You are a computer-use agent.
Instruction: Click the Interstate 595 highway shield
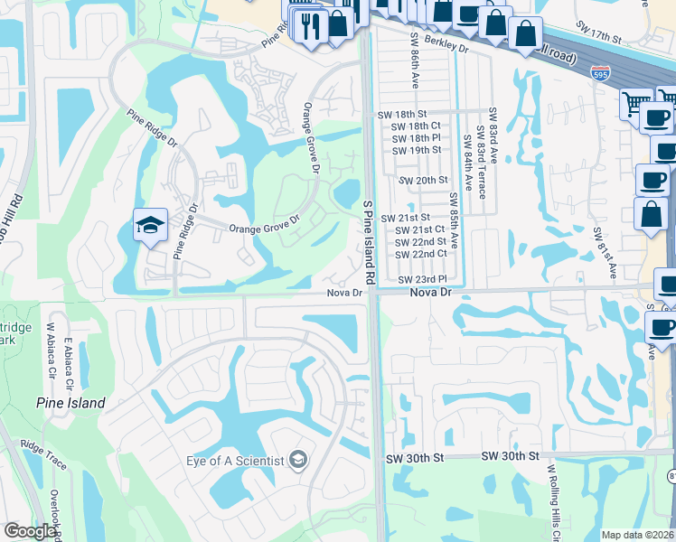point(599,73)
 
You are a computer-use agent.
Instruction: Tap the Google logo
point(30,532)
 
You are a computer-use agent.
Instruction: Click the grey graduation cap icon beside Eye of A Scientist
point(296,461)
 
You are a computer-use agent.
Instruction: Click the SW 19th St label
point(417,150)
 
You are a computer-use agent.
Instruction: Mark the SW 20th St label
point(424,181)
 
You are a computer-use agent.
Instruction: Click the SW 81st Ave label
point(604,252)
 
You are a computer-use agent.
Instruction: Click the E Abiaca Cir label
point(68,361)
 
